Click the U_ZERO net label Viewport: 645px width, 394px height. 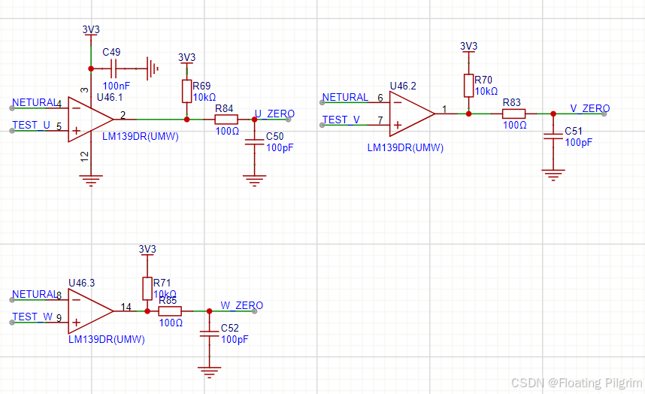click(x=274, y=114)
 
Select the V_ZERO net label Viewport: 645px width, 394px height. click(x=590, y=108)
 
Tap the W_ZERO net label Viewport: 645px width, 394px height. click(x=241, y=305)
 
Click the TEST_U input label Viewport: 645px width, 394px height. click(x=32, y=125)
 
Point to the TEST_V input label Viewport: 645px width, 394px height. click(x=341, y=120)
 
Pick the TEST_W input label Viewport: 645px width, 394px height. click(x=32, y=317)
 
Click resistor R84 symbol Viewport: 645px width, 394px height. click(x=226, y=120)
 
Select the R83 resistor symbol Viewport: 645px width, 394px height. click(x=513, y=114)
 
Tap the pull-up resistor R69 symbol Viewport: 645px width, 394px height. click(x=186, y=92)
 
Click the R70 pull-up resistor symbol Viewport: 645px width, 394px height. click(x=468, y=85)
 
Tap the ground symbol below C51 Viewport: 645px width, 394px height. click(x=553, y=174)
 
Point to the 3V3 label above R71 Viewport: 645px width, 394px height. click(x=147, y=249)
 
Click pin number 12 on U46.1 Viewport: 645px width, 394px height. click(x=84, y=156)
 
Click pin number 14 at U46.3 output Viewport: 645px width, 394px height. click(x=126, y=306)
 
